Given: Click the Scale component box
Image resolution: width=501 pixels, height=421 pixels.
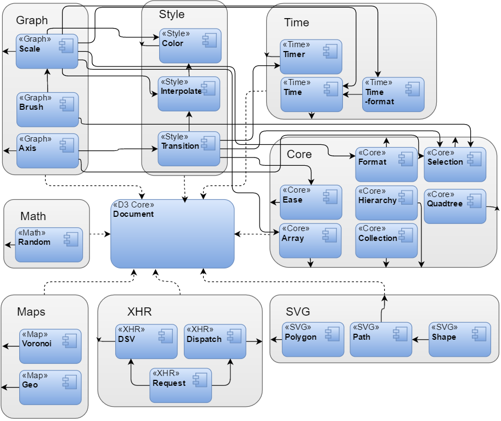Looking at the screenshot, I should [47, 51].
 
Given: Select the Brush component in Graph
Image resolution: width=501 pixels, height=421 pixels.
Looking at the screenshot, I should [47, 109].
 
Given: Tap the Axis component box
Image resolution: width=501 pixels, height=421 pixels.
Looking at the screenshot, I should [47, 150].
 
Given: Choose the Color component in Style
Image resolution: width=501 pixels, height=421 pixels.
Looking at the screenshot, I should [190, 46].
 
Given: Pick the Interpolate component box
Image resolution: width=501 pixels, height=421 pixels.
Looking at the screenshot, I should [189, 94].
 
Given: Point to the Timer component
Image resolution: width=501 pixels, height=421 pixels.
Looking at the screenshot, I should [311, 57].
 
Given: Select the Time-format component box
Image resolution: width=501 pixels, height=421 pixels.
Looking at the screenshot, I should [393, 94].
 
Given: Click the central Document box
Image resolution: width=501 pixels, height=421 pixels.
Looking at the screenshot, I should [172, 233].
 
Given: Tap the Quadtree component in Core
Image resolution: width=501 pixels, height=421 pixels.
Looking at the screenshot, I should [454, 206].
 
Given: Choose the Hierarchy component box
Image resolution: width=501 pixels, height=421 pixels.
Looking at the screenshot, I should [386, 203].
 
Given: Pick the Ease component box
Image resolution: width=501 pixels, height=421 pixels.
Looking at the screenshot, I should [311, 203].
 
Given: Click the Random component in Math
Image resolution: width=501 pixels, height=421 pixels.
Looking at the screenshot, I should [49, 244].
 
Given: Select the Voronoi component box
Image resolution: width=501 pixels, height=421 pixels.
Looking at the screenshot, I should [50, 346].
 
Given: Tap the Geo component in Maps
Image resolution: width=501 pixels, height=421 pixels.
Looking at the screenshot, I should [50, 387].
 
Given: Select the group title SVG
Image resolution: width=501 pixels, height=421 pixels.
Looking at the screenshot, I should [298, 312].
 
